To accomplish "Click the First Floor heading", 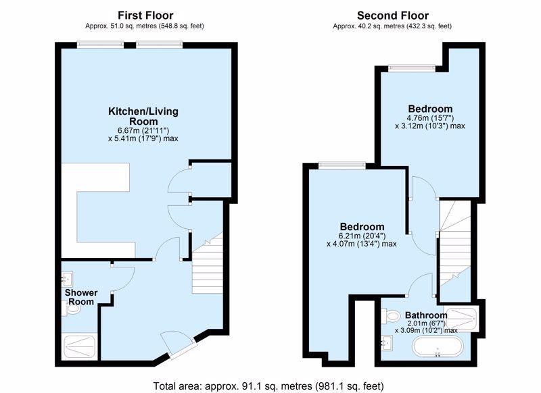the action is click(145, 16).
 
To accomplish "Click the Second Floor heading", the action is click(393, 16).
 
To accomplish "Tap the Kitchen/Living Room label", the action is click(143, 116).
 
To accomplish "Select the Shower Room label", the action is click(80, 297).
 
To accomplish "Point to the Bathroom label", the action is click(426, 315).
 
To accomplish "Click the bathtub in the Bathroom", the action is click(438, 347).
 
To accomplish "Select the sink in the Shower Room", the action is click(67, 279).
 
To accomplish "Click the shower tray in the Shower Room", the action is click(80, 347).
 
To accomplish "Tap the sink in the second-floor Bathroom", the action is click(387, 343).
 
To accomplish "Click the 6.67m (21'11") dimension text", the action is click(143, 130).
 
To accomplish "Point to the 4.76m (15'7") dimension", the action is click(430, 117).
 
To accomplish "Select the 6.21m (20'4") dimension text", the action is click(362, 236).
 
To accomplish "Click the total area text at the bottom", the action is click(268, 386).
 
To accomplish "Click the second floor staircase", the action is click(455, 244).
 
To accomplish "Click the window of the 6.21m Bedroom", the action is click(342, 165).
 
